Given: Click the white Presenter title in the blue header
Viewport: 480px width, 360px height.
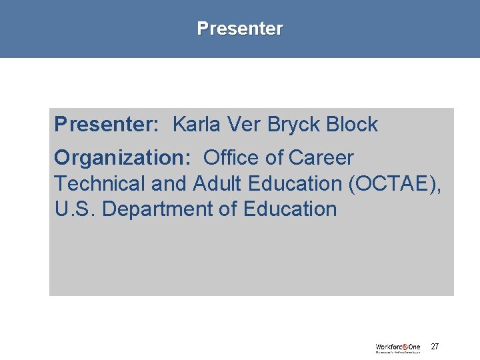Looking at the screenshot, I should [240, 29].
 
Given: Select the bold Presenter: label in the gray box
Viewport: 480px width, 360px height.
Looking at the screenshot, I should [106, 125].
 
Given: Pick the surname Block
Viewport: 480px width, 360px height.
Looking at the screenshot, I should [353, 125].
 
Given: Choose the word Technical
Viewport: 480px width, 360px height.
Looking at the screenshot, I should [99, 183].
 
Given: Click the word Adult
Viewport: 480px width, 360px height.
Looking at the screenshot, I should [214, 183].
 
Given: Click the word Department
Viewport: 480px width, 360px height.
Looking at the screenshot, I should [158, 209].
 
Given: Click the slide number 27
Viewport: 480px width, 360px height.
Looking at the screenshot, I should [435, 347].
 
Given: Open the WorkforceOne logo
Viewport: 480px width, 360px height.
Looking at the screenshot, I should [398, 347].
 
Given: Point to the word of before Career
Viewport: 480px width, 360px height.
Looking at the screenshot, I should [275, 158].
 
